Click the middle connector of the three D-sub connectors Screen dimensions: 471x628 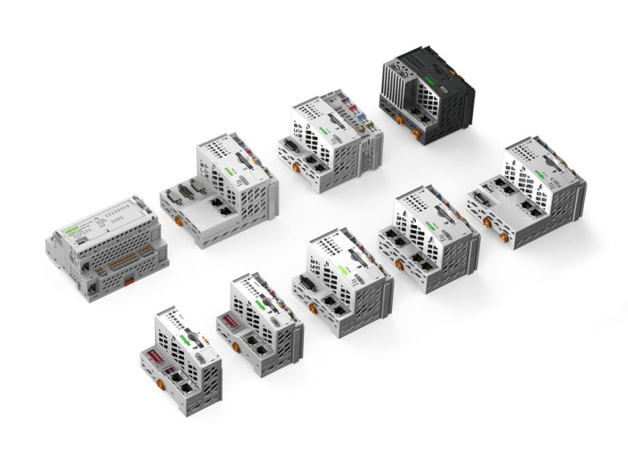[186, 190]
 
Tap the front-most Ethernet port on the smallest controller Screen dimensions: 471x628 [187, 386]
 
